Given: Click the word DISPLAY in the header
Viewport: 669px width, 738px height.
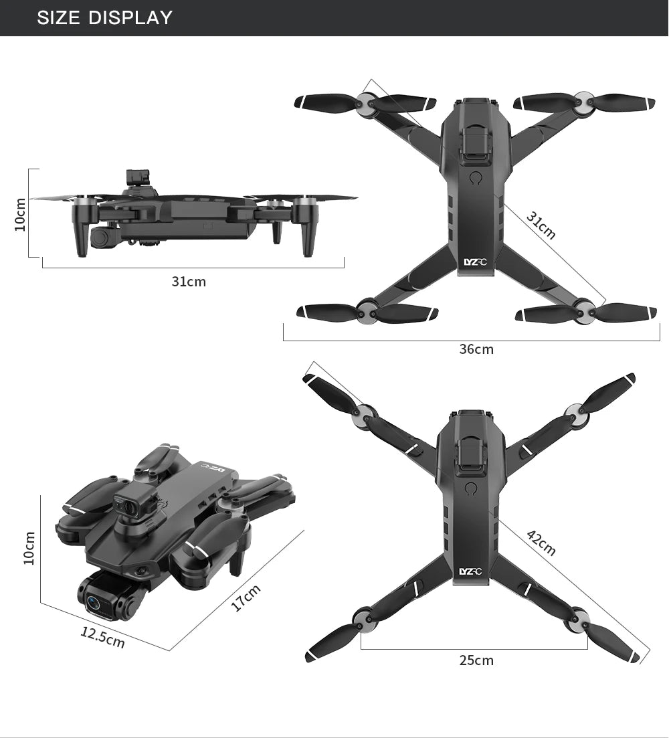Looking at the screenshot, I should coord(130,18).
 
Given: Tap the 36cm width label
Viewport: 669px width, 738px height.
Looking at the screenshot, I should coord(476,349).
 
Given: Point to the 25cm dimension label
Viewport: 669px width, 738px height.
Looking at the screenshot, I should coord(476,660).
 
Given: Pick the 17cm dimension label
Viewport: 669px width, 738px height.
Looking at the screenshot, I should coord(246,597).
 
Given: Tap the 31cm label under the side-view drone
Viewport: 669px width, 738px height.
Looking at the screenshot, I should coord(189,282).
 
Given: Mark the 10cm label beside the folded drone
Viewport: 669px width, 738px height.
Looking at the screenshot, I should coord(29,548).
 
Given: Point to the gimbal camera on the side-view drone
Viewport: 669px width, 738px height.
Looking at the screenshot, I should coord(101,237).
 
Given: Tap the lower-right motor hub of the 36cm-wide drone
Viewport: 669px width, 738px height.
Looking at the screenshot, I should coord(583,310).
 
